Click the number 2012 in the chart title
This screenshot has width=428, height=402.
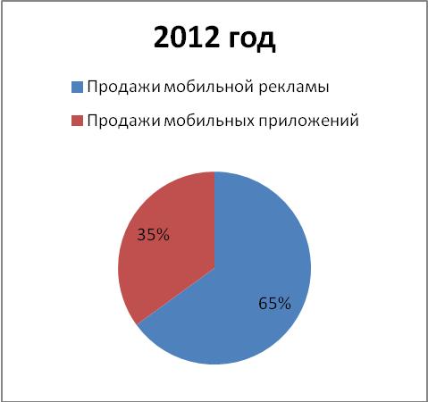[186, 38]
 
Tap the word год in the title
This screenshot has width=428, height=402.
[252, 39]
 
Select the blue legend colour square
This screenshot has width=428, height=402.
[77, 88]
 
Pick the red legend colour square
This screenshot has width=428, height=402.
[77, 121]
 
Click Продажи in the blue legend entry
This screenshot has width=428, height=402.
[123, 88]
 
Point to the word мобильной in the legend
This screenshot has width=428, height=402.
[208, 87]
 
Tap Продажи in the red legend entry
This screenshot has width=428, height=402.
[123, 121]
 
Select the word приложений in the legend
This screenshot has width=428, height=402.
[308, 121]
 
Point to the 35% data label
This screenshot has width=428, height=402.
[153, 235]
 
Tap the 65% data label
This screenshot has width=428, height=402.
[274, 304]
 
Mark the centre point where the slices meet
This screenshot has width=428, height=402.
[214, 268]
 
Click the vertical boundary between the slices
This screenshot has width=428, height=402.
[214, 220]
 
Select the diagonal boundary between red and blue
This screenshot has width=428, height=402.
[176, 296]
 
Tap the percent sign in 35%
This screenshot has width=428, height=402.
[163, 235]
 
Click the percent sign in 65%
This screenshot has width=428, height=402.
[284, 304]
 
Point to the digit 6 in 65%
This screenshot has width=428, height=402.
[263, 304]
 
